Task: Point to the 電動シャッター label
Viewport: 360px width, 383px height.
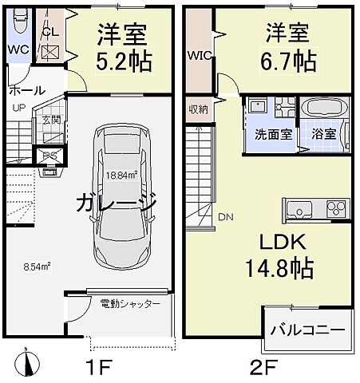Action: (130, 304)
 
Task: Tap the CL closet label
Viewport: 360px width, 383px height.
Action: (50, 33)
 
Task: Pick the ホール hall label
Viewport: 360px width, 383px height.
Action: (26, 90)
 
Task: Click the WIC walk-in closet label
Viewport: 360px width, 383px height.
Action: (198, 56)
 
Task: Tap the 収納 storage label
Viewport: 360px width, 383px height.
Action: (199, 109)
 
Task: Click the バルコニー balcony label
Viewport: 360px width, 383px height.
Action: (307, 329)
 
